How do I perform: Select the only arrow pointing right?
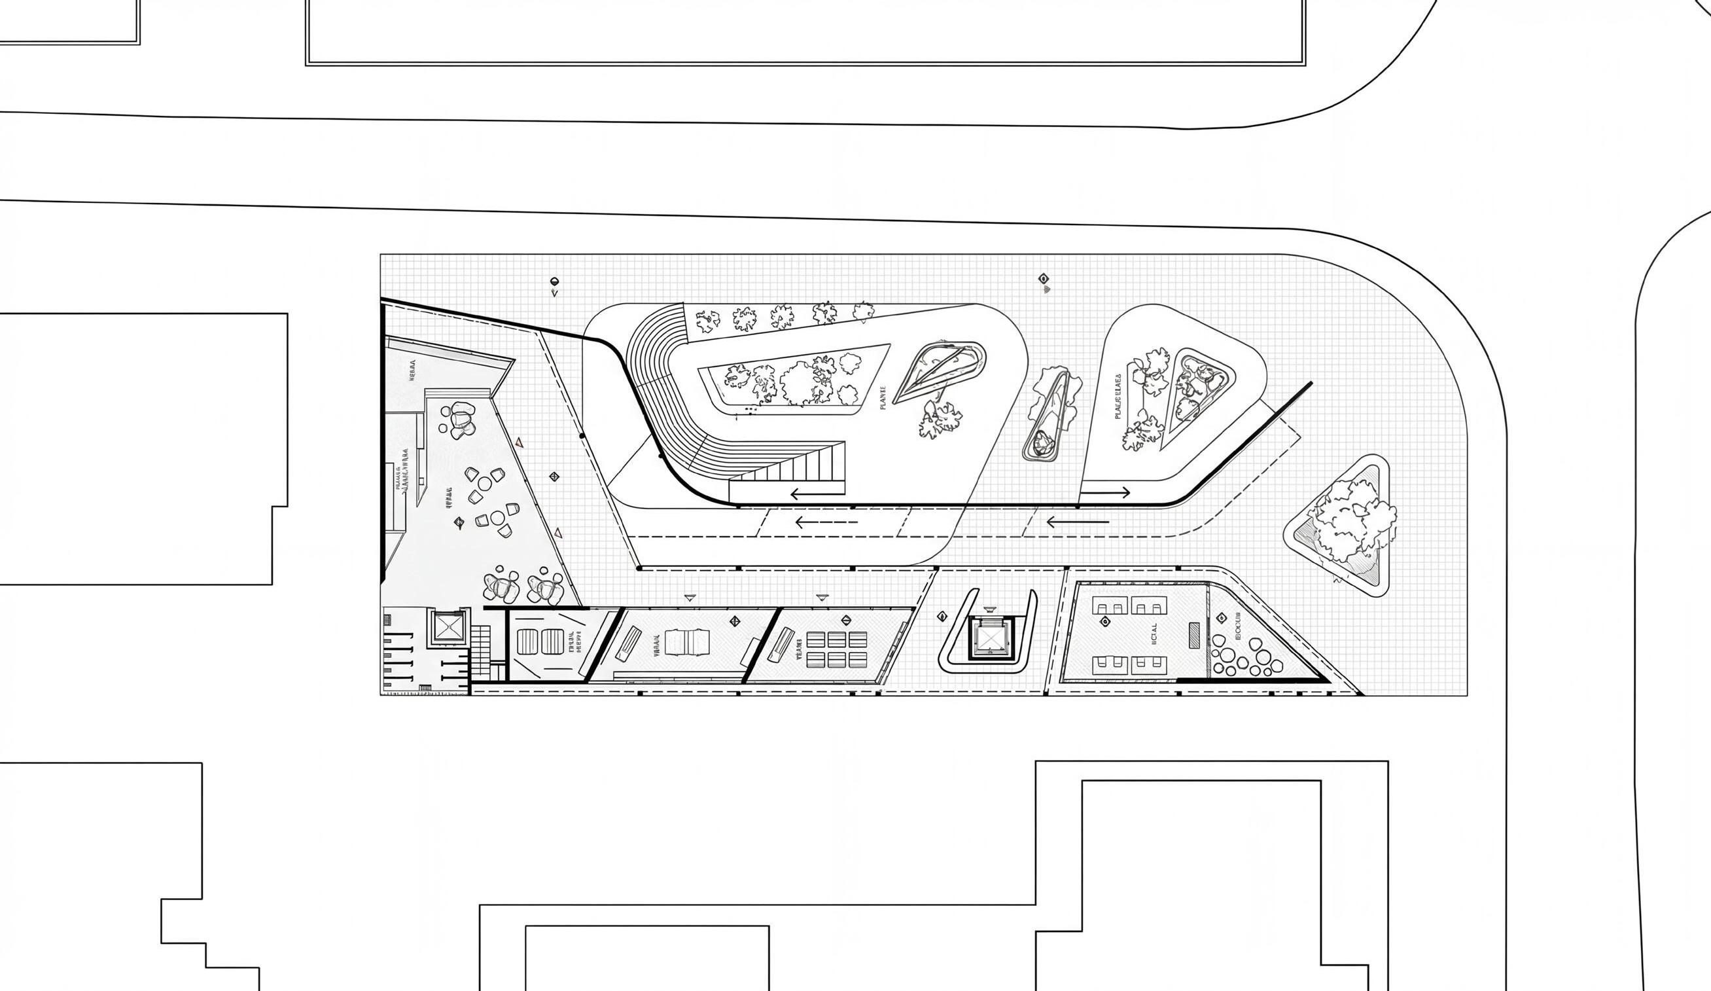click(x=1105, y=492)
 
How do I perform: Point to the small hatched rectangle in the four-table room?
click(x=1193, y=634)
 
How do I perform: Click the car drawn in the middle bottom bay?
click(x=687, y=641)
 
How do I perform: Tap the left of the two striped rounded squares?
click(x=527, y=641)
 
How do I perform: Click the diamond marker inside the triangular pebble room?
click(x=1222, y=617)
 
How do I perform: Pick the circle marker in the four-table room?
click(x=1104, y=621)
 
